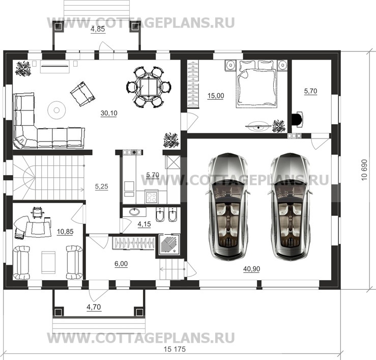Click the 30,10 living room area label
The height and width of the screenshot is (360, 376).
point(109,114)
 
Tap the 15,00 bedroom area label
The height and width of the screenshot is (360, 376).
point(215,95)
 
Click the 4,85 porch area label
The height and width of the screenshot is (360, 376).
point(98,29)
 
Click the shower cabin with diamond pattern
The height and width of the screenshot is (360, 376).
point(168,243)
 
